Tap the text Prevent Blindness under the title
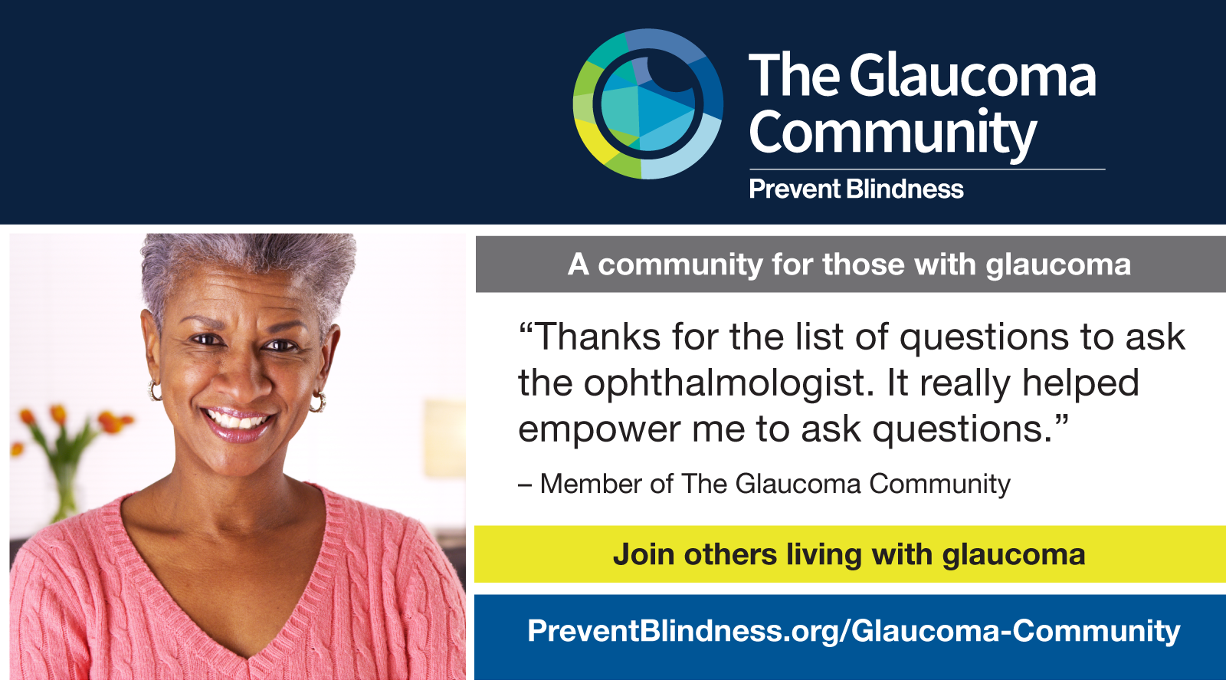856,189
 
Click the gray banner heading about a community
850,264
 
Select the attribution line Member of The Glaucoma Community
764,484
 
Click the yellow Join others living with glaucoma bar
850,554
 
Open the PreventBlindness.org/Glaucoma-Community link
854,631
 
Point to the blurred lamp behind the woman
444,438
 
